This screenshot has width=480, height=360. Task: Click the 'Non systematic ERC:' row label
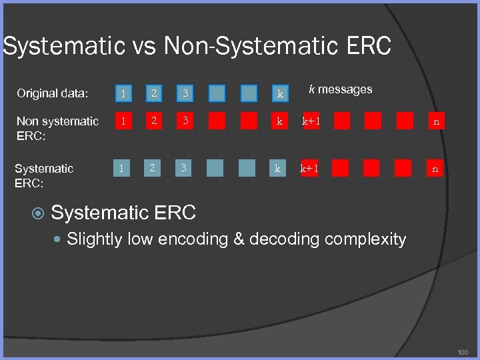pyautogui.click(x=57, y=128)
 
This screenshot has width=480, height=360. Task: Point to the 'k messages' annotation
pyautogui.click(x=340, y=89)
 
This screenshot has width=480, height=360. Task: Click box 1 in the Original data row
pyautogui.click(x=122, y=93)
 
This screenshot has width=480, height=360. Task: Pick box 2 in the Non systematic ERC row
pyautogui.click(x=154, y=121)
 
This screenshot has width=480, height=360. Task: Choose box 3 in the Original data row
pyautogui.click(x=186, y=93)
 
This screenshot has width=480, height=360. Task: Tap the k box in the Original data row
pyautogui.click(x=280, y=93)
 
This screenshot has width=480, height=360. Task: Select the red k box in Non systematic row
pyautogui.click(x=280, y=121)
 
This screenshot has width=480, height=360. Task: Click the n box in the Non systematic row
pyautogui.click(x=436, y=121)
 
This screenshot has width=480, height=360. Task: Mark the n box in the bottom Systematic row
pyautogui.click(x=435, y=169)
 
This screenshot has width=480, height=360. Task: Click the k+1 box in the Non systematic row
pyautogui.click(x=311, y=121)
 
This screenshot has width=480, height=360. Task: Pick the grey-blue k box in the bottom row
pyautogui.click(x=277, y=169)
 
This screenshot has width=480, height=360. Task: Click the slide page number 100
pyautogui.click(x=463, y=351)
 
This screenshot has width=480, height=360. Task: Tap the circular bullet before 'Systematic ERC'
pyautogui.click(x=38, y=213)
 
